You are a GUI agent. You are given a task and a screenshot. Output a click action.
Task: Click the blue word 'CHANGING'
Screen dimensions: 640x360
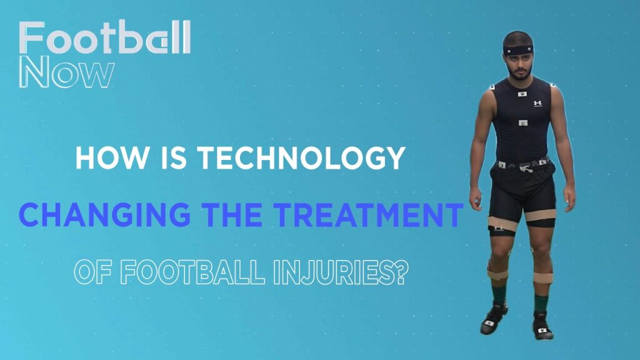pos(104,215)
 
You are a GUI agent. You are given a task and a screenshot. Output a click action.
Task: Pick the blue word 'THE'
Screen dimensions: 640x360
pos(233,215)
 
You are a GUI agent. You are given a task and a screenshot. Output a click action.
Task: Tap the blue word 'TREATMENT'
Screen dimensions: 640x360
pos(369,215)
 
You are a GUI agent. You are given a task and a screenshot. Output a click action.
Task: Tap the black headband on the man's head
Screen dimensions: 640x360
pos(518,50)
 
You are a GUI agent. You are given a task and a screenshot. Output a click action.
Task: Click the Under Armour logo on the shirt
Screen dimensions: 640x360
pos(537,104)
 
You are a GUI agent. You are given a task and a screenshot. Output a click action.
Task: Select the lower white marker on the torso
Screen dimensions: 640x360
pos(523,123)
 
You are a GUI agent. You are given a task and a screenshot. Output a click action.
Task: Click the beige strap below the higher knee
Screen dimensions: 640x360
pos(497,274)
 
